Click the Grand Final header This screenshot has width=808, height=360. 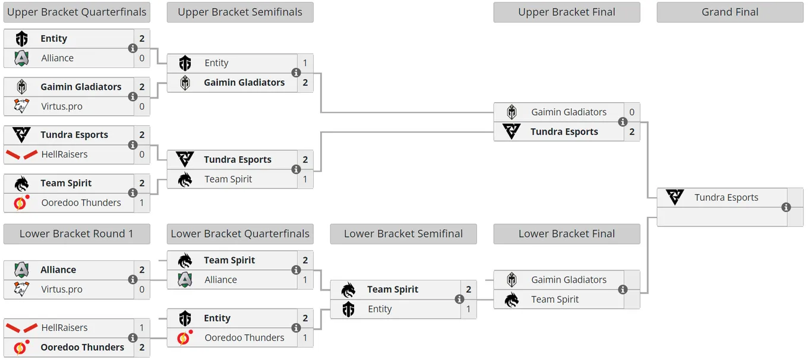[730, 12]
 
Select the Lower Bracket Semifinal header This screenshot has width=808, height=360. [403, 233]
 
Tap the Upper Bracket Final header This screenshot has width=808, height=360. [567, 12]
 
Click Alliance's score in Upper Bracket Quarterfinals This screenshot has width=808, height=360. [142, 58]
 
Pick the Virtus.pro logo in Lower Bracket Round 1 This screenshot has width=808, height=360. [21, 289]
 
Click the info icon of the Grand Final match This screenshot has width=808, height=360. [786, 207]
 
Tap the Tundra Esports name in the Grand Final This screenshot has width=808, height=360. [726, 197]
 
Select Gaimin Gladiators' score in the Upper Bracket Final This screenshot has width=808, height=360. [632, 112]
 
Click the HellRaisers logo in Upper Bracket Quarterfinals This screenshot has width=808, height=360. [21, 154]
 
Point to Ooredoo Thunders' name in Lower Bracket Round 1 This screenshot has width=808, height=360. [82, 347]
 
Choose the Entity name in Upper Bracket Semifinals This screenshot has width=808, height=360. [216, 63]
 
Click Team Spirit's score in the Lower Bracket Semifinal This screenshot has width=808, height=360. [469, 289]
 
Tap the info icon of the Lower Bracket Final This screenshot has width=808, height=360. [623, 289]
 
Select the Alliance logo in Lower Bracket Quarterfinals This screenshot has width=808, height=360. [185, 280]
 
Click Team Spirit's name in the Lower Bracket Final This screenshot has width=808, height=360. [555, 299]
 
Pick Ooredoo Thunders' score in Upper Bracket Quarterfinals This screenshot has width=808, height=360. [142, 203]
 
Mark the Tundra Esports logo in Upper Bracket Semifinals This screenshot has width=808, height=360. [185, 159]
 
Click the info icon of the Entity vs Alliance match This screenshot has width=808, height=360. [132, 48]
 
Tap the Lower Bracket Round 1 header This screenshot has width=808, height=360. [77, 233]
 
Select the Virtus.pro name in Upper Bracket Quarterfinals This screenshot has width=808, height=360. [62, 106]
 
